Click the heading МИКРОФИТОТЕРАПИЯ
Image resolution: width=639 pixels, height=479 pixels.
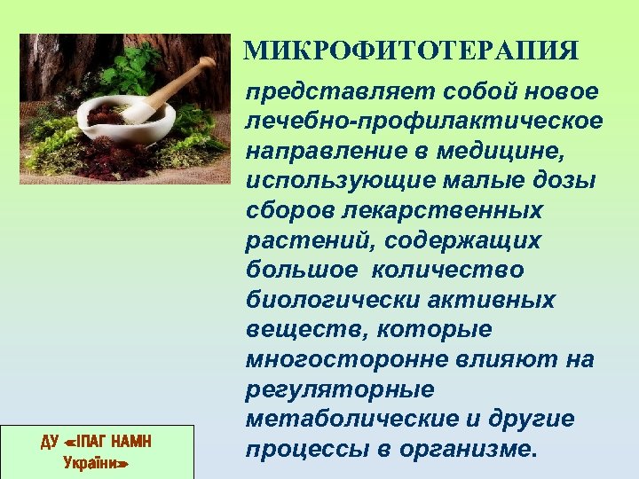[x=413, y=49]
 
